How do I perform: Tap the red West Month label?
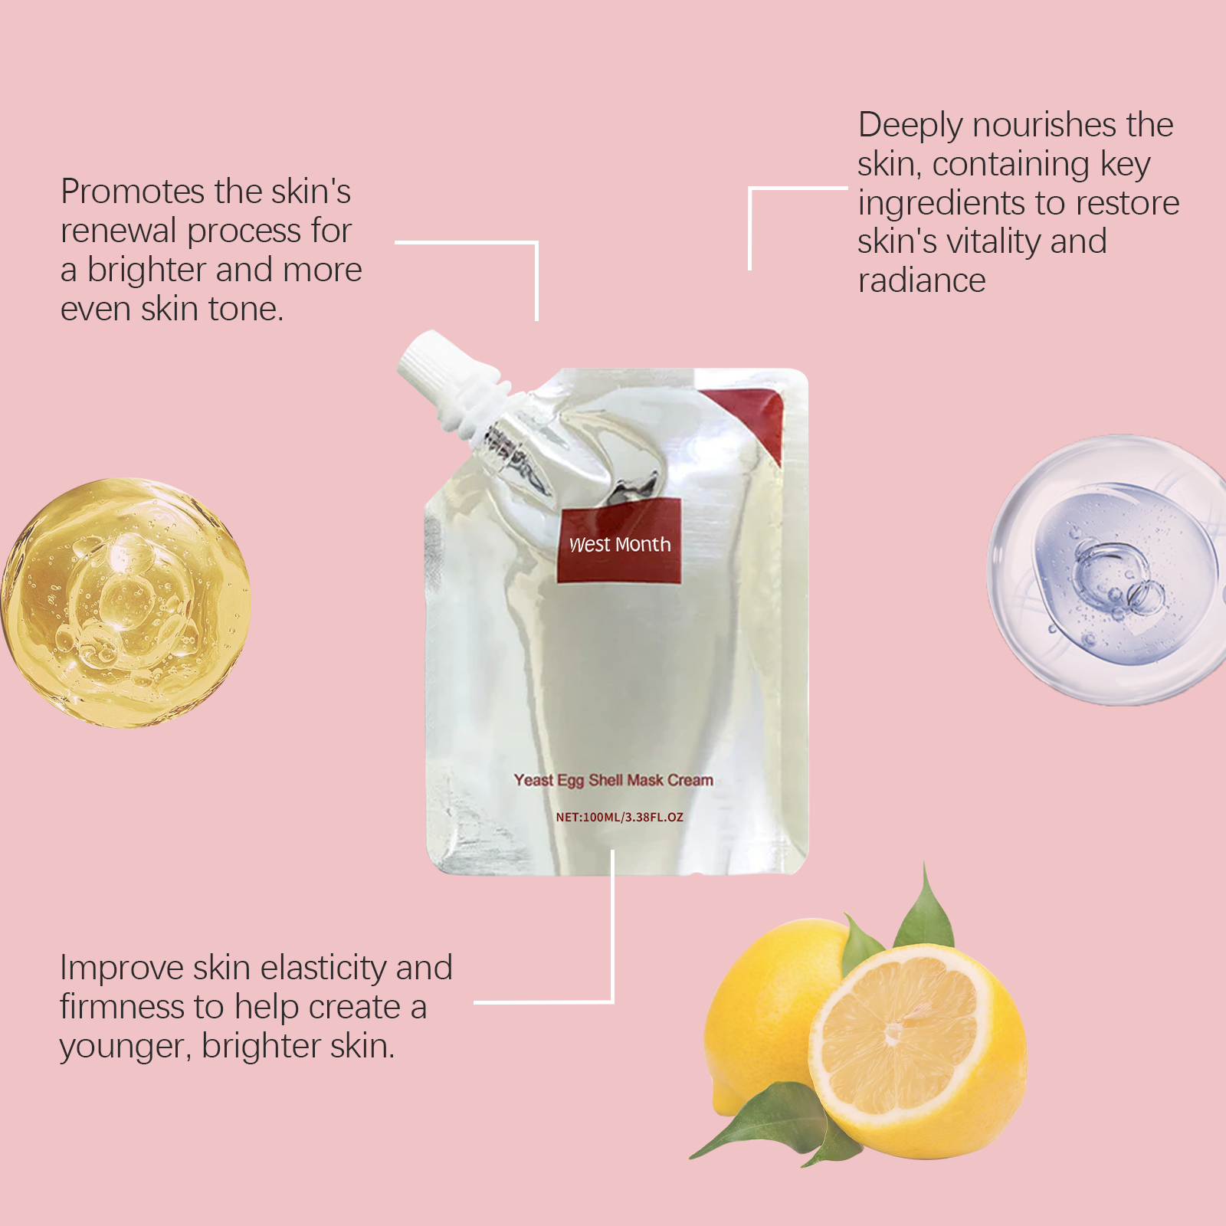point(619,541)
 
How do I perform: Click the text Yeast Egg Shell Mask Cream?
point(614,780)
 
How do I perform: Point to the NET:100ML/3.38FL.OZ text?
point(619,817)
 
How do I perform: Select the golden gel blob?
point(126,603)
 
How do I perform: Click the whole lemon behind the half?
point(766,1011)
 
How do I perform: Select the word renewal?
point(119,231)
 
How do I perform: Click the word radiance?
point(922,281)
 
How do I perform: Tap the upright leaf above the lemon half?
point(925,908)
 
